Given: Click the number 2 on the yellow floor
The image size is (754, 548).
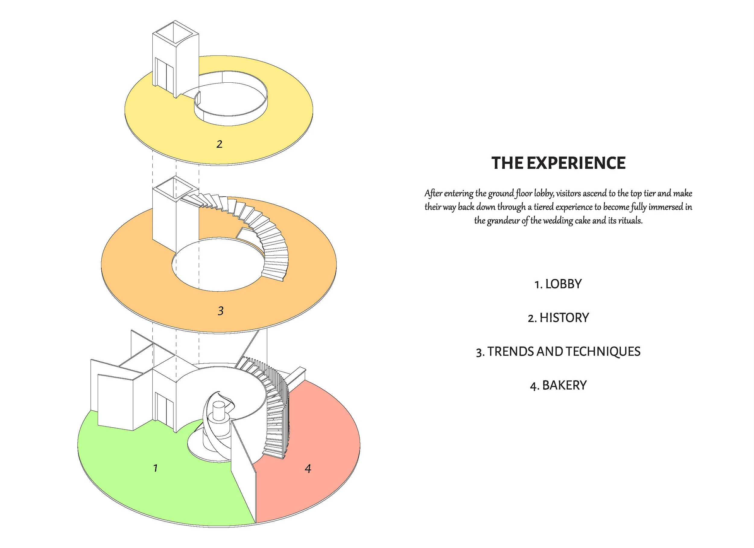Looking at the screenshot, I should click(x=219, y=144).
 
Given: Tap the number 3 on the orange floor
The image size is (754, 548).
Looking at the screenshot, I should click(x=220, y=311).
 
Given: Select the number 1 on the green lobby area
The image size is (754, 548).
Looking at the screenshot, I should click(x=155, y=468).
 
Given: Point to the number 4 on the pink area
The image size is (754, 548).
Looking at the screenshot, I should click(x=308, y=468).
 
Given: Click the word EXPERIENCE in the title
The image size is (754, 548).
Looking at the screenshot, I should click(x=576, y=163).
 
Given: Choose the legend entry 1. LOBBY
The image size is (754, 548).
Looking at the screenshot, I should click(x=558, y=284).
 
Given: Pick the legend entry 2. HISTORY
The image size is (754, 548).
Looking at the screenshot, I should click(x=558, y=318).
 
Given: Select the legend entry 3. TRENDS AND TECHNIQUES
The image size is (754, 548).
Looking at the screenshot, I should click(x=558, y=351).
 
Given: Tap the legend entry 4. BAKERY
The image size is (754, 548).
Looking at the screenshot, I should click(x=558, y=385).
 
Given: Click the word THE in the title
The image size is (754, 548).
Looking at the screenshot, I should click(x=507, y=163).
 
